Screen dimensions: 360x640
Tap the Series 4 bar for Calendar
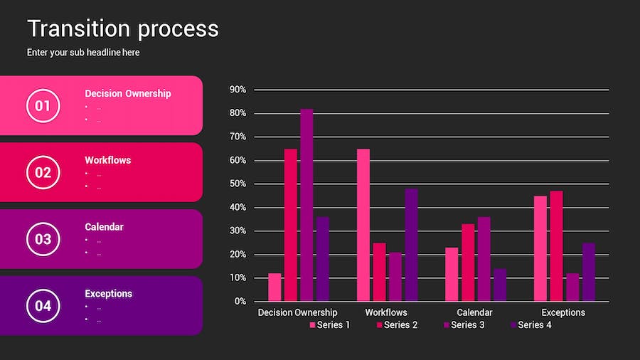[500, 285]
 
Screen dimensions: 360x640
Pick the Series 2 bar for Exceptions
[555, 245]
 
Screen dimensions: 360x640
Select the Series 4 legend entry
[530, 325]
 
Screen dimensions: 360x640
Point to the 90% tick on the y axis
[238, 90]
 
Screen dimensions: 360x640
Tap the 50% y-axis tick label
[238, 184]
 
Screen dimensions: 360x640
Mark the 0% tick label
[240, 302]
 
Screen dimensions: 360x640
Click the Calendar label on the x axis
[474, 312]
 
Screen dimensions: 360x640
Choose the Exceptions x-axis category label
[563, 312]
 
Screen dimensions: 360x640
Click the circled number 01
[43, 106]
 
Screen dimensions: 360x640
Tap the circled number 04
[43, 306]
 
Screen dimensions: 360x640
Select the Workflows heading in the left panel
[107, 160]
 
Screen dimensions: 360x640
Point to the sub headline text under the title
[83, 53]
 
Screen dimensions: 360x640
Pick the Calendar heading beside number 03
[104, 227]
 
